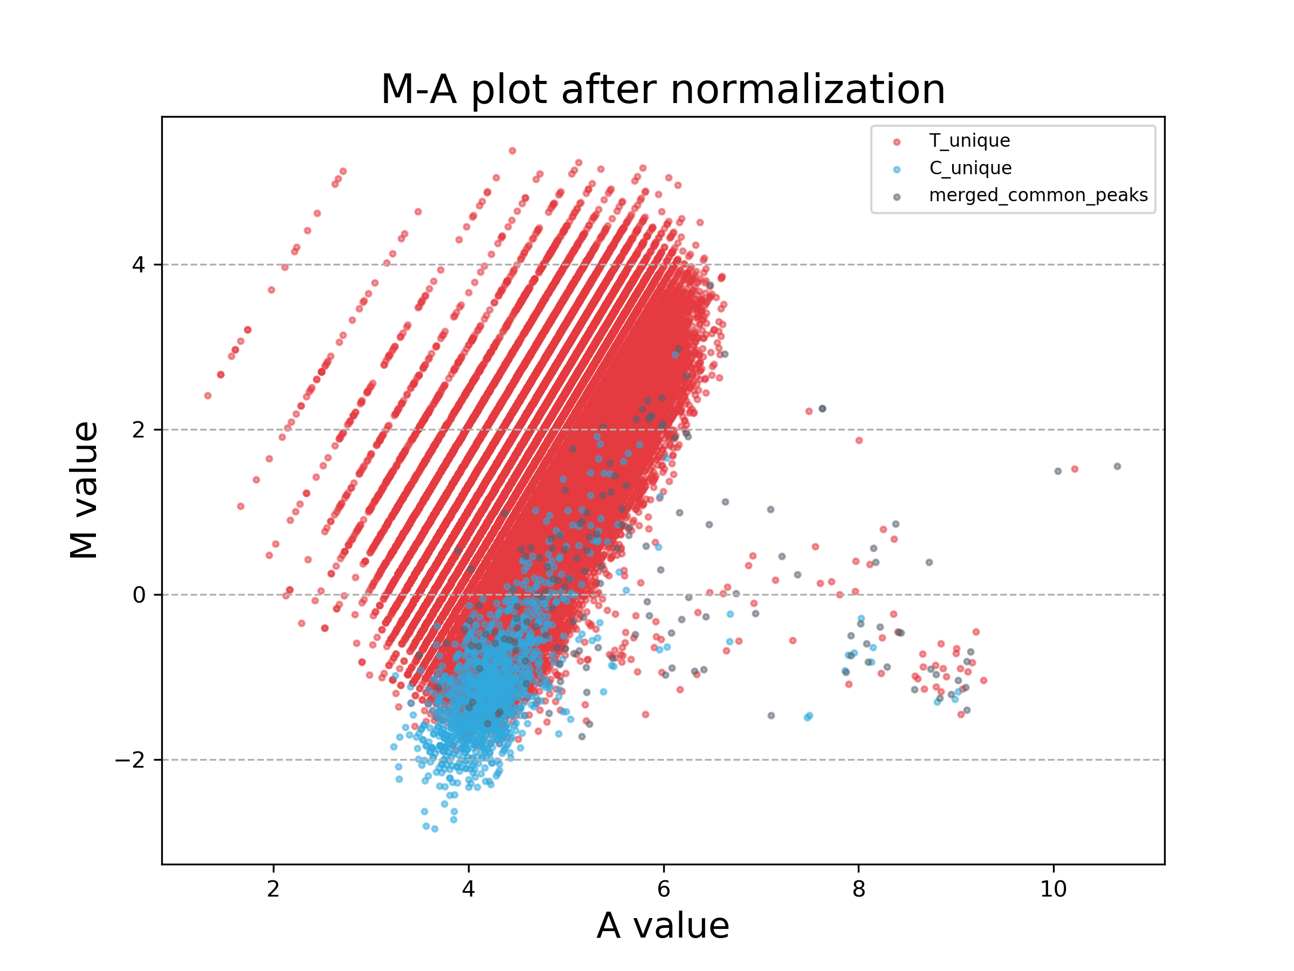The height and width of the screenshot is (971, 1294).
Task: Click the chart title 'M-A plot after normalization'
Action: (x=663, y=90)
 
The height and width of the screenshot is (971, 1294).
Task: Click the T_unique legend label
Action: (x=969, y=140)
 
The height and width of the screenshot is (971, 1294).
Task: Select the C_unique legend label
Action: (x=970, y=168)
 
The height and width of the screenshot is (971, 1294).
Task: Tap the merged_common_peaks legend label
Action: (x=1038, y=195)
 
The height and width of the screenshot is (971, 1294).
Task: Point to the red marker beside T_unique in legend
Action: (x=897, y=142)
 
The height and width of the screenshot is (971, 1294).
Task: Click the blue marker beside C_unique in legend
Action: (x=897, y=170)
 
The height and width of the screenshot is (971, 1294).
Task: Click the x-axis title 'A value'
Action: (x=663, y=926)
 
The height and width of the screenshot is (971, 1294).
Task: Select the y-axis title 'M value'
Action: (x=84, y=490)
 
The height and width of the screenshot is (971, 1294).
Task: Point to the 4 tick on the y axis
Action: (x=138, y=264)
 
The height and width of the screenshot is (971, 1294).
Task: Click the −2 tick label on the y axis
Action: (x=130, y=760)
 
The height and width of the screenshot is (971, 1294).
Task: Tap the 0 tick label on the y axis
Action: (x=138, y=594)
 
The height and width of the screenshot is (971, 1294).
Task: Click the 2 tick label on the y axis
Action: (x=138, y=429)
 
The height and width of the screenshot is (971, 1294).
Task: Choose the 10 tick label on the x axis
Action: (x=1053, y=889)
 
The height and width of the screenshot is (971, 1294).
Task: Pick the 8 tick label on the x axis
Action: (x=858, y=889)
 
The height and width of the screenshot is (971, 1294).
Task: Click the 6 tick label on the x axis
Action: (x=663, y=889)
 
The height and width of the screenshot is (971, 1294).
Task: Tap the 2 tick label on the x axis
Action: (x=273, y=889)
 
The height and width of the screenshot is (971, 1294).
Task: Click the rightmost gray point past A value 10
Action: (x=1117, y=467)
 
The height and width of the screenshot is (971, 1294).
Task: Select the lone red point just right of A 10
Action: (x=1074, y=469)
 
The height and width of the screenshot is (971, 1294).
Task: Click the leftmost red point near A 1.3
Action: (x=208, y=395)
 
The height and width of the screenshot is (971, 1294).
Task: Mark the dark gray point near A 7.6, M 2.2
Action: (x=822, y=408)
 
